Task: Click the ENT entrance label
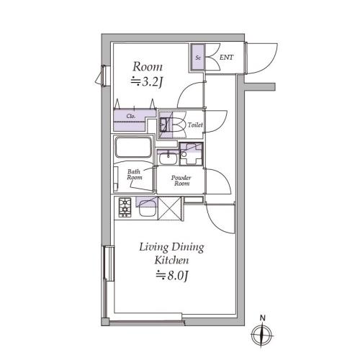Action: click(226, 58)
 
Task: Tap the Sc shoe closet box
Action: click(198, 58)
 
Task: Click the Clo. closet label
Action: click(131, 117)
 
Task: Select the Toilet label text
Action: click(195, 125)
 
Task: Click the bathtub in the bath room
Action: click(133, 147)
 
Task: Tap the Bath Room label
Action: click(135, 174)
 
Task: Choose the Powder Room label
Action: click(181, 181)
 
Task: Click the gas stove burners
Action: click(125, 207)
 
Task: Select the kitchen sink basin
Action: click(148, 209)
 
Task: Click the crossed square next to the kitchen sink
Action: click(169, 208)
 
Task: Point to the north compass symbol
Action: click(262, 335)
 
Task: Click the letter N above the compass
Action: click(263, 318)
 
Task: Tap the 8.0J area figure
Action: click(171, 275)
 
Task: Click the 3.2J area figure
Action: click(147, 81)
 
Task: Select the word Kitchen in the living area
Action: click(171, 261)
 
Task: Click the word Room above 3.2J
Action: click(148, 66)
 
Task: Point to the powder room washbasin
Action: click(168, 158)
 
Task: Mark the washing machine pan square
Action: click(192, 154)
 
